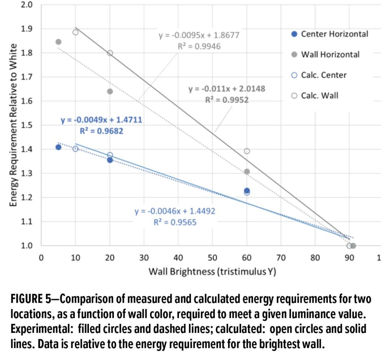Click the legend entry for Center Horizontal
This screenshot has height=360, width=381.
click(330, 34)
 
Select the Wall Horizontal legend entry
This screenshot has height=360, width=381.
click(325, 54)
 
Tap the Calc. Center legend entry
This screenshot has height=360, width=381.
click(319, 75)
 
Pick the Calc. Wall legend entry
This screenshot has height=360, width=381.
click(315, 96)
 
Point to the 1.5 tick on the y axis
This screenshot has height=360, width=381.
click(26, 125)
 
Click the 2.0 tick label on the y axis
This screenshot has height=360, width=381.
click(26, 4)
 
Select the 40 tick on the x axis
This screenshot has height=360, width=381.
click(178, 257)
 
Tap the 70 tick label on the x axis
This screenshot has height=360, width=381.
click(281, 257)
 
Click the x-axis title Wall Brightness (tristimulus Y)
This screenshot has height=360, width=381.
click(212, 271)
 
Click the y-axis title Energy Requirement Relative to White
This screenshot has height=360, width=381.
click(13, 125)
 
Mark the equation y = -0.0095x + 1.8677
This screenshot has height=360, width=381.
click(199, 35)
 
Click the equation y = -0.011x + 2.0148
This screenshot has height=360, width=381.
click(227, 89)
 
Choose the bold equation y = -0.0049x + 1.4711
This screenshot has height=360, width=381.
click(101, 120)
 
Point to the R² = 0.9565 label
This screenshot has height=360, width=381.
click(175, 222)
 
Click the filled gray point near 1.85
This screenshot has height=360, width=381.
click(58, 42)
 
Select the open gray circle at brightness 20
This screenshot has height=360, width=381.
click(110, 53)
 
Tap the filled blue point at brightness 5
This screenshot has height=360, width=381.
click(58, 147)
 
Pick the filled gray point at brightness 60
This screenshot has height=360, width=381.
click(247, 172)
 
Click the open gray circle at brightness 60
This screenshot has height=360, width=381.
click(247, 151)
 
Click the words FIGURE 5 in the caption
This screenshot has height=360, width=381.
click(31, 299)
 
